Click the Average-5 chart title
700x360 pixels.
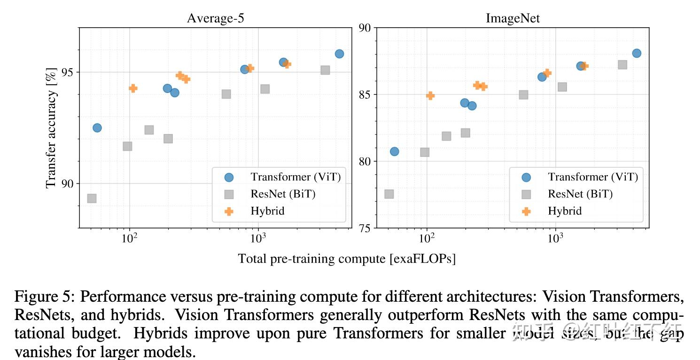coord(215,18)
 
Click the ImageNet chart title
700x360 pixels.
coord(513,18)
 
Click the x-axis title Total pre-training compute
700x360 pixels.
coord(347,258)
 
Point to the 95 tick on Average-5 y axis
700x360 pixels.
coord(68,72)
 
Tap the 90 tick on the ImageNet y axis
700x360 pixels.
coord(365,28)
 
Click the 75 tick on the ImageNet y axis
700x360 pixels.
coord(365,228)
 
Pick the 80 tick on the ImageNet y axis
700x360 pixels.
coord(365,161)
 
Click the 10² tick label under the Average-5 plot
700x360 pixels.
coord(129,238)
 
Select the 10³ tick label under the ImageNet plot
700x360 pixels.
coord(555,238)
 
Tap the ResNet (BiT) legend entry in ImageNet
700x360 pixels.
coord(580,194)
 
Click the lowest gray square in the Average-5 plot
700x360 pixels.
coord(92,198)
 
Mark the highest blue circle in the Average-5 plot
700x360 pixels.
coord(339,54)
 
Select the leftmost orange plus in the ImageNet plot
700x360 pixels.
coord(430,95)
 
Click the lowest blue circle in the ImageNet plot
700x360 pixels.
coord(394,151)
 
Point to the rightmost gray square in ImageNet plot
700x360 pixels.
coord(622,65)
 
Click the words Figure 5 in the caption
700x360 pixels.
coord(44,297)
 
